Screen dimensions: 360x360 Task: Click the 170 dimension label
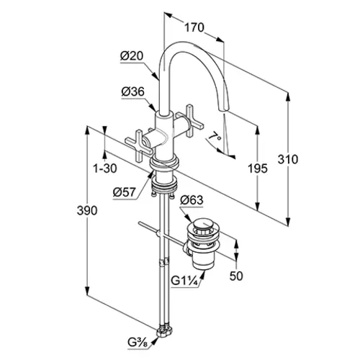pos(194,27)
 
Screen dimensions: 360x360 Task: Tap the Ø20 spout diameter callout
pos(132,56)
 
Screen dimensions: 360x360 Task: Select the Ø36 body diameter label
pos(133,91)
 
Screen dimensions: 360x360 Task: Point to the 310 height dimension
pos(288,159)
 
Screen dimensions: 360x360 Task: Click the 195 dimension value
pos(258,168)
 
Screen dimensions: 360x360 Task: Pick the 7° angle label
pos(215,137)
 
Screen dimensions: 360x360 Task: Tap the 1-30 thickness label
pos(105,168)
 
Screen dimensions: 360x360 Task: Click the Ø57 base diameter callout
pos(125,192)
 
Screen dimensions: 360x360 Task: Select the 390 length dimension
pos(87,210)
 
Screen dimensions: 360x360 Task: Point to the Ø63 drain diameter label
pos(192,200)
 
